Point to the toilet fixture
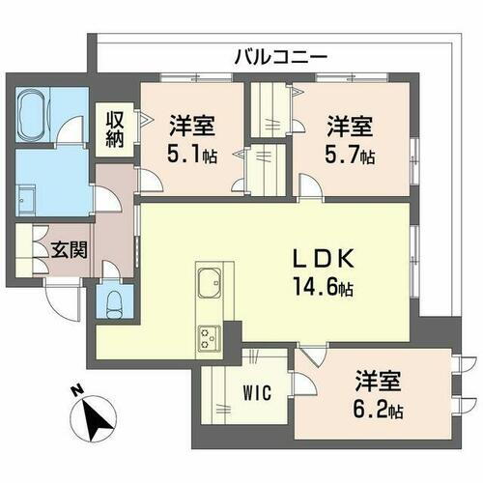112,301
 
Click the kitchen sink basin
210,286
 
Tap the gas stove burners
210,336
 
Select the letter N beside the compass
74,391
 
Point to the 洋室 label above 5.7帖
349,127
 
